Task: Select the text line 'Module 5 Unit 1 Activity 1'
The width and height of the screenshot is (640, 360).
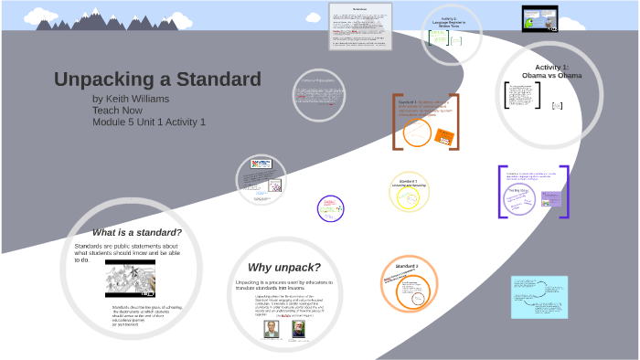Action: tap(149, 122)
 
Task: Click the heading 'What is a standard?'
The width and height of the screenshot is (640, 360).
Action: tap(137, 232)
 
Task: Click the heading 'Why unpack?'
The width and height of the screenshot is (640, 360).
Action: tap(284, 267)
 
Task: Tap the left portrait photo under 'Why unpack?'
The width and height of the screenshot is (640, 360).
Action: tap(271, 328)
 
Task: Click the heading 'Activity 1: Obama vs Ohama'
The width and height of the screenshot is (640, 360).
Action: tap(551, 71)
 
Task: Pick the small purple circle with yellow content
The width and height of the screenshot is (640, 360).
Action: tap(330, 208)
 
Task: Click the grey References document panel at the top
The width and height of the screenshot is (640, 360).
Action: tap(360, 26)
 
